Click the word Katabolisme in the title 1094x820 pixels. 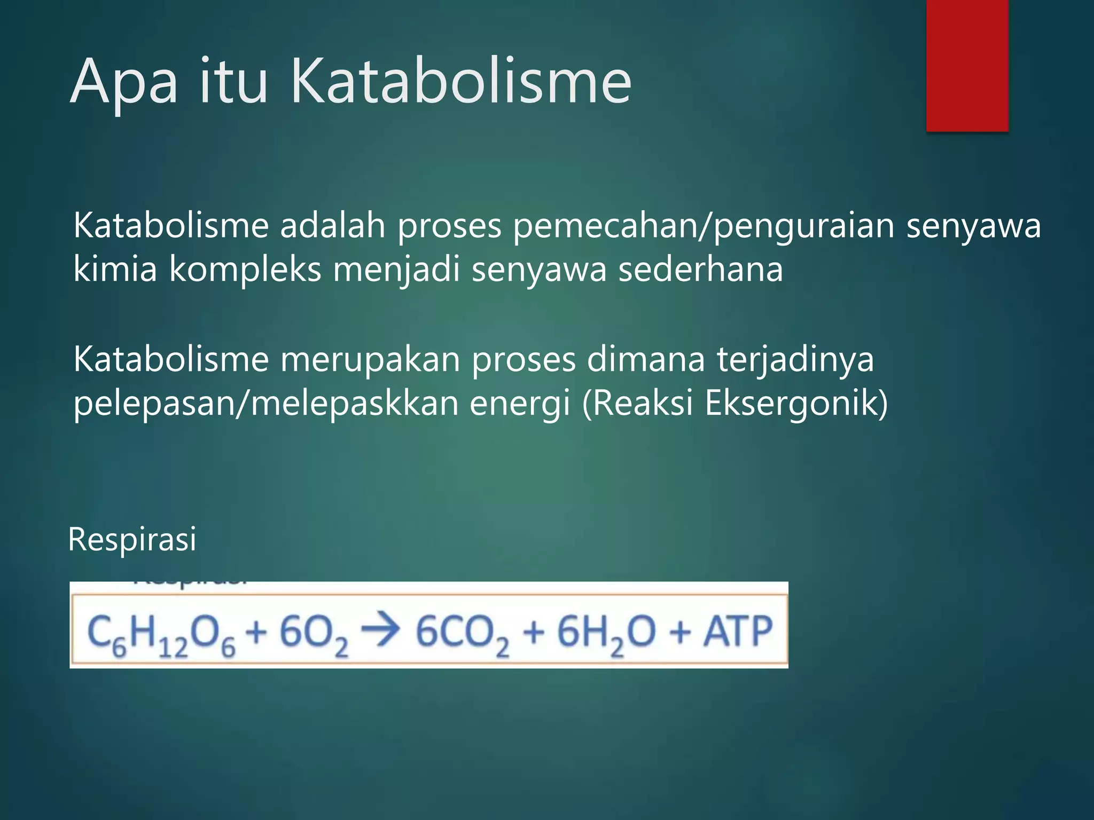[460, 81]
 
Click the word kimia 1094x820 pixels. [115, 269]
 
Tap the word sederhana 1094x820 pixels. [700, 269]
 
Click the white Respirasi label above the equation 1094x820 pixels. [132, 539]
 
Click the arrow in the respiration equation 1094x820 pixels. [380, 629]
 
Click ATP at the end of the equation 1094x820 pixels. [738, 631]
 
